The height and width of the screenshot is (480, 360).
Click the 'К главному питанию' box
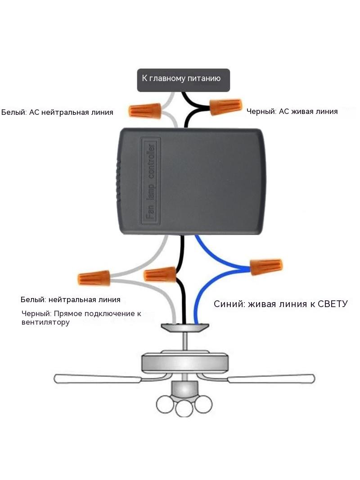coord(183,80)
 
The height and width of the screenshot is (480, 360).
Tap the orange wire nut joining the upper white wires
coord(144,111)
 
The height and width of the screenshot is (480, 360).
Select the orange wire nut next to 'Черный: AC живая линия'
coord(226,107)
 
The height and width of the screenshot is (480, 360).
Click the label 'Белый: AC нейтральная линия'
coord(57,113)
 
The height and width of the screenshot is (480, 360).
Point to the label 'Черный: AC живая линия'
coord(292,111)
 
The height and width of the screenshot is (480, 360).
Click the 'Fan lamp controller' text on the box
coord(150,181)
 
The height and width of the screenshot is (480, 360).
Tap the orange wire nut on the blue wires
coord(266,267)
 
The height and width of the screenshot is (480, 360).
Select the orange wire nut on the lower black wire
coord(160,275)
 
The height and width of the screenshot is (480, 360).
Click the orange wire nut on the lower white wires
coord(94,278)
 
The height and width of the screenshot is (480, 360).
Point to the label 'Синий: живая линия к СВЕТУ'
coord(281,304)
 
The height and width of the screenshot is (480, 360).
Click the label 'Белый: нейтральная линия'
coord(70,300)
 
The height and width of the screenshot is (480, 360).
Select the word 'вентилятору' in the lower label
coord(45,322)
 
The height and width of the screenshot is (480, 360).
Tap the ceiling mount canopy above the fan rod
coord(185,327)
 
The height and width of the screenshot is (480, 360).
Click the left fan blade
coord(98,379)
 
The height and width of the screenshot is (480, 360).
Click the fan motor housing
coord(185,363)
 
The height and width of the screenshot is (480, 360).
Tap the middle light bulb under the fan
coord(185,408)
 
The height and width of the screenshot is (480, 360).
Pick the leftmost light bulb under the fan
coord(166,404)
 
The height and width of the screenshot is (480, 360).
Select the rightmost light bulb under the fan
coord(203,404)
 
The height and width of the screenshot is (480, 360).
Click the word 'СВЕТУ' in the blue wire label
coord(333,304)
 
